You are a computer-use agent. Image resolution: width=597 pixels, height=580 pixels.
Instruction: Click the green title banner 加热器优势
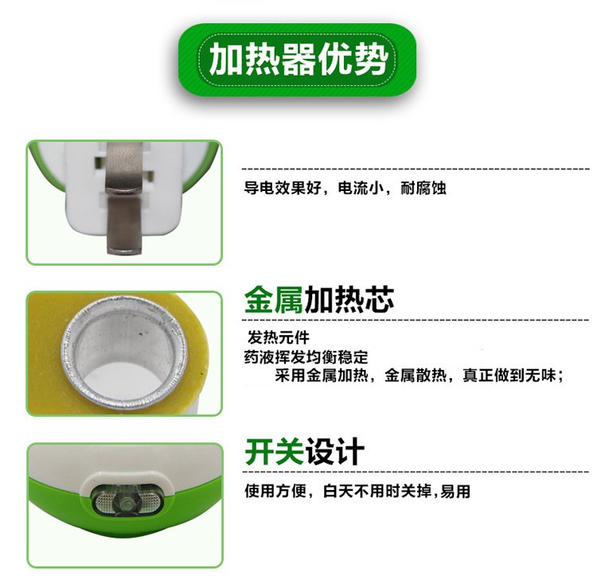[298, 60]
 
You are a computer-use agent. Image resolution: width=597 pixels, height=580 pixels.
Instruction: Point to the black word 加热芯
[349, 301]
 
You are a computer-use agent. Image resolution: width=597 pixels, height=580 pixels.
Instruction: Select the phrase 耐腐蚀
[424, 190]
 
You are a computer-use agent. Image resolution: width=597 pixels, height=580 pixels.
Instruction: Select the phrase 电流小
[359, 190]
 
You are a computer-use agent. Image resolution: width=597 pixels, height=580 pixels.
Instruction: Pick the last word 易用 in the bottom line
[455, 492]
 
